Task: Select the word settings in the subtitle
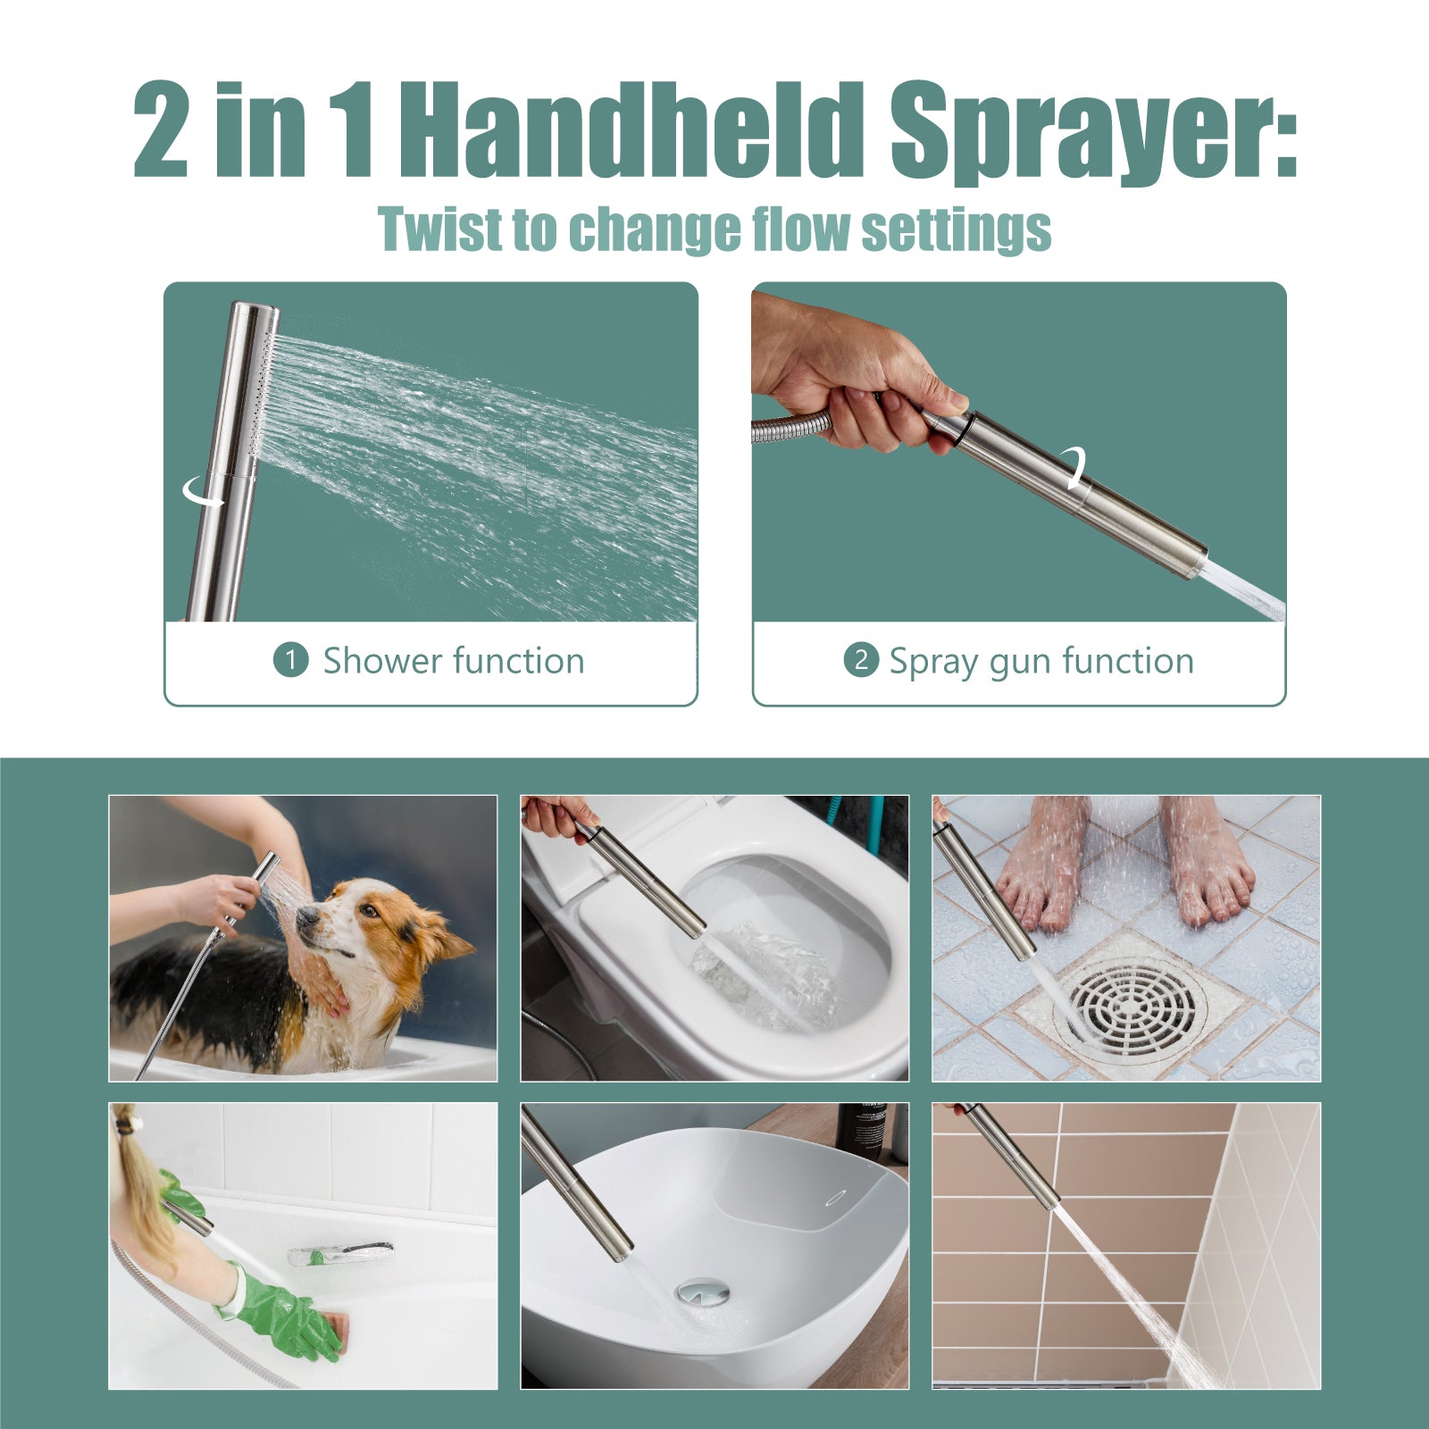coord(956,231)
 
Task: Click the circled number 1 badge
coord(290,661)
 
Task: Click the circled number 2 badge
coord(861,660)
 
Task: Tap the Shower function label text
coord(454,661)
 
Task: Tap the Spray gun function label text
coord(1041,662)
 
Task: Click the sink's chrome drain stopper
coord(703,1291)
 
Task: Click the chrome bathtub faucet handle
coord(340,1253)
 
